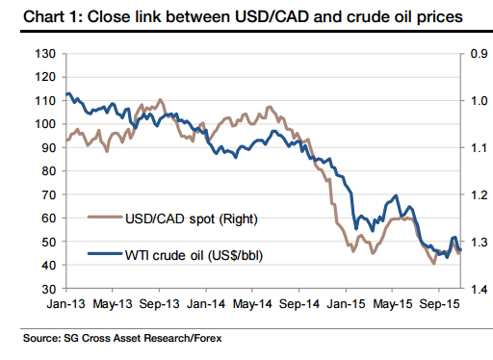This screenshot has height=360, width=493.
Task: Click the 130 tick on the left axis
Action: (x=41, y=53)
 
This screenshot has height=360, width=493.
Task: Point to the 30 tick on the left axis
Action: (x=44, y=289)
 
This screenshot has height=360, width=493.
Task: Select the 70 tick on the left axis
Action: (x=44, y=194)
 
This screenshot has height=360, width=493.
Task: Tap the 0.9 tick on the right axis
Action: (x=476, y=53)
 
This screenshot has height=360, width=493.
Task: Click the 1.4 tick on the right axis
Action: (x=476, y=289)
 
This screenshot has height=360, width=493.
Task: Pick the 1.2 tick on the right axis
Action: (x=476, y=194)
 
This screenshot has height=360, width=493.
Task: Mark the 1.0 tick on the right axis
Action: (x=476, y=100)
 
